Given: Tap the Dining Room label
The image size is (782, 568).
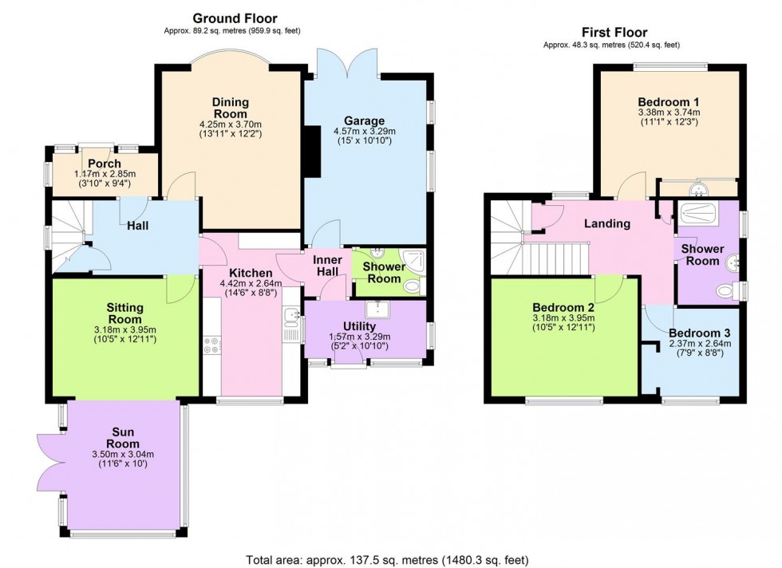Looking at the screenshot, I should click(231, 108).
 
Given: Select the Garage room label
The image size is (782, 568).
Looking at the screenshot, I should click(364, 120).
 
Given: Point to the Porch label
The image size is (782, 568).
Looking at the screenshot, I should click(105, 164).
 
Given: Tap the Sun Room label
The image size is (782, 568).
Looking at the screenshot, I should click(124, 438).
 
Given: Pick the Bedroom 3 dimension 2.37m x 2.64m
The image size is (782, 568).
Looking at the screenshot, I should click(700, 345).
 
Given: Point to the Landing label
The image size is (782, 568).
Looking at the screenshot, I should click(606, 223).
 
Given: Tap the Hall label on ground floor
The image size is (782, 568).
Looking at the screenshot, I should click(137, 226).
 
